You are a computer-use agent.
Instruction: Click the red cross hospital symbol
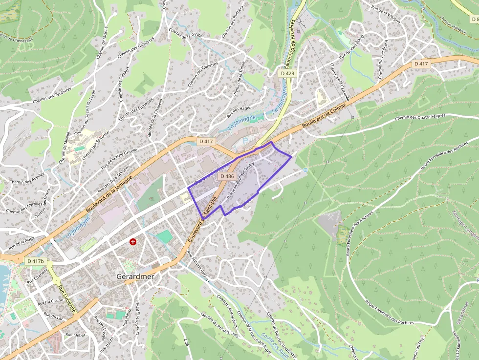coord(132,242)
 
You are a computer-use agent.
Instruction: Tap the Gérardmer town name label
coord(135,276)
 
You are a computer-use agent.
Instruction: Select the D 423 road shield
coord(288,73)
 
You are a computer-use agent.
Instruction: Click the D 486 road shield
coord(227,176)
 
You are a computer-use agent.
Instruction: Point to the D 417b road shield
coord(36,261)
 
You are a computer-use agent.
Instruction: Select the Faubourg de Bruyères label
coord(289,46)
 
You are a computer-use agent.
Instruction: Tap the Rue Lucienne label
coord(67,298)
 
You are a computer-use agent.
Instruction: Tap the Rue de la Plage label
coord(22,241)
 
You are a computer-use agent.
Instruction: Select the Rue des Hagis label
coord(238,112)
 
